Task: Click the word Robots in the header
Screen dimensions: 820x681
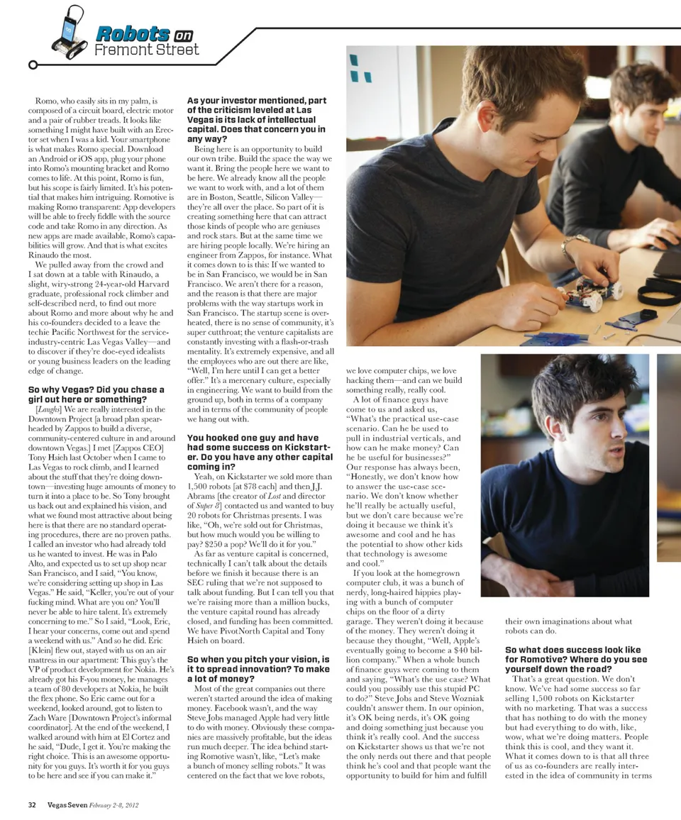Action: coord(132,33)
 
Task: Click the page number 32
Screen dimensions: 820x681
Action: coord(33,804)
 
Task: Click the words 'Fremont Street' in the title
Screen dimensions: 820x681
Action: coord(147,50)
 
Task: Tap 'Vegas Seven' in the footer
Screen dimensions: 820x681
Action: coord(68,804)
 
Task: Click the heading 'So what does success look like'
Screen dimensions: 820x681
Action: coord(572,659)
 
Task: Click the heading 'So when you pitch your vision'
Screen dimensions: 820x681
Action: coord(258,670)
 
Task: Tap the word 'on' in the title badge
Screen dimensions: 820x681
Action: coord(184,34)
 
